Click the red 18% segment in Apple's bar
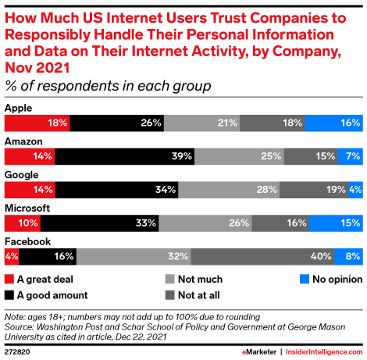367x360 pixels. [37, 123]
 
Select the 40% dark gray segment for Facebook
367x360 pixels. [262, 256]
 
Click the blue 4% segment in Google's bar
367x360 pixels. [355, 189]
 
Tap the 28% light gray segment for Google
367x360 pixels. [228, 189]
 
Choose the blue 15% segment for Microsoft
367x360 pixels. [335, 223]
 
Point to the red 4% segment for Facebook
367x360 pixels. [11, 256]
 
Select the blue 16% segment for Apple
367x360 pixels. [333, 123]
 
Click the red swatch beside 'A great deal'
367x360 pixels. [9, 279]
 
